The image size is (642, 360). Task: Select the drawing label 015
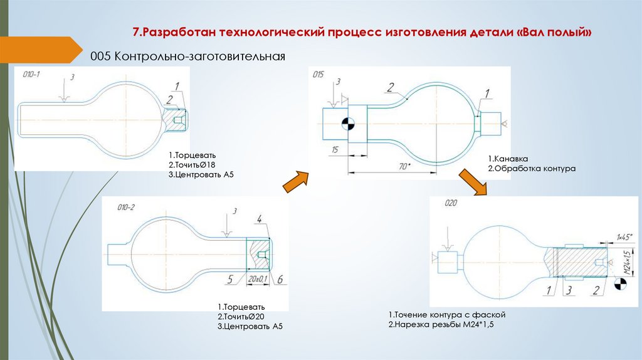[318, 75]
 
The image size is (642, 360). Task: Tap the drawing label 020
[451, 203]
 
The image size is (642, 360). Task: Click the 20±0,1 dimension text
[257, 278]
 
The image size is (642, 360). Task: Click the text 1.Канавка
[508, 159]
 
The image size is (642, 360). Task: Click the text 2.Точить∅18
[192, 164]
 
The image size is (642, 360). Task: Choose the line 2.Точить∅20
[241, 317]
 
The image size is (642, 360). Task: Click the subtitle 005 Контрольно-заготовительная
[187, 56]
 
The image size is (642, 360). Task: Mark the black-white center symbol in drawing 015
[346, 123]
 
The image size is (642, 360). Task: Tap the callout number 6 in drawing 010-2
[280, 278]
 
